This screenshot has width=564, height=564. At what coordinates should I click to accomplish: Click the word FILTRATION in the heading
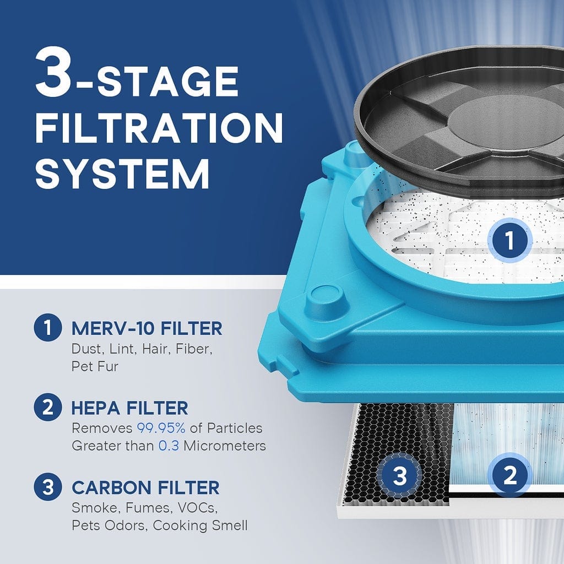tap(159, 128)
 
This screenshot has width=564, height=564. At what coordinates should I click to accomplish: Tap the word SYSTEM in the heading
tap(122, 173)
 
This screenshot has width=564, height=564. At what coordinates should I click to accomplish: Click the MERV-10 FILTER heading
tap(147, 329)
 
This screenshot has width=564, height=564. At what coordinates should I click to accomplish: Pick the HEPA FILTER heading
tap(129, 408)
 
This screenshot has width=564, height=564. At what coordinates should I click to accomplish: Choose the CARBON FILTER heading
tap(145, 487)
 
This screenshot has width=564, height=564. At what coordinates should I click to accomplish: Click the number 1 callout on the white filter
tap(509, 241)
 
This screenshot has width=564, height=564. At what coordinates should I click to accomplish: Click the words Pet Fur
tap(95, 366)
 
